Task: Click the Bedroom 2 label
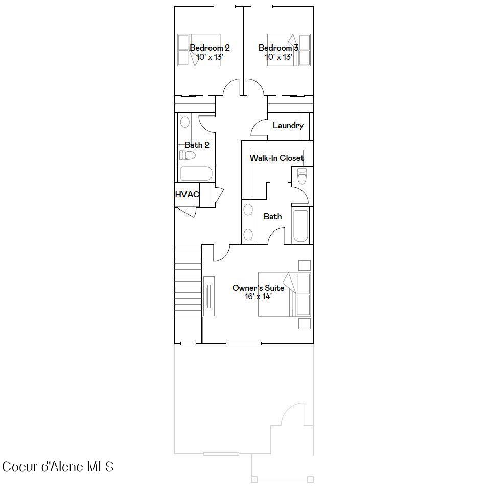[x=210, y=48]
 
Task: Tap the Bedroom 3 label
[x=278, y=48]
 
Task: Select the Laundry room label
[x=288, y=125]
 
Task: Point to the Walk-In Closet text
[x=276, y=158]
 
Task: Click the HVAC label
[x=187, y=194]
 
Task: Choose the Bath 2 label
[x=197, y=145]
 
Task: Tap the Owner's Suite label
[x=258, y=288]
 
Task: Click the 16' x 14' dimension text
[x=258, y=297]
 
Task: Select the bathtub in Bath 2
[x=196, y=173]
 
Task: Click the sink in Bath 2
[x=185, y=122]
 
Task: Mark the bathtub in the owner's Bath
[x=300, y=225]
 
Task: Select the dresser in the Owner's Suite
[x=209, y=296]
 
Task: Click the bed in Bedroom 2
[x=198, y=50]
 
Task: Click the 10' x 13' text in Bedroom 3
[x=278, y=57]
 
